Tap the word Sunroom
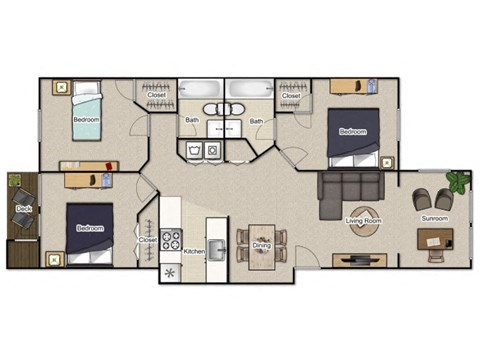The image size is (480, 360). click(434, 219)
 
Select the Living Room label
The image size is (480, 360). click(363, 220)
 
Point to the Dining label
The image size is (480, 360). click(261, 245)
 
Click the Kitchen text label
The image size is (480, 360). click(195, 251)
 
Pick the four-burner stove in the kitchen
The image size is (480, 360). click(171, 240)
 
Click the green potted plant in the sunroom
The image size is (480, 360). click(458, 182)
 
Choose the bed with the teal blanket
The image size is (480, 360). click(86, 119)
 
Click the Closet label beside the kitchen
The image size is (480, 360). click(148, 240)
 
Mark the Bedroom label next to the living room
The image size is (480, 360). click(352, 132)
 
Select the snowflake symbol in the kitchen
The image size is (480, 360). click(169, 272)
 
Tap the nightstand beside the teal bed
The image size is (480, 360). click(60, 88)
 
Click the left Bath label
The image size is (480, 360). click(191, 121)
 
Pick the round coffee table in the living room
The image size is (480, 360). click(362, 221)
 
